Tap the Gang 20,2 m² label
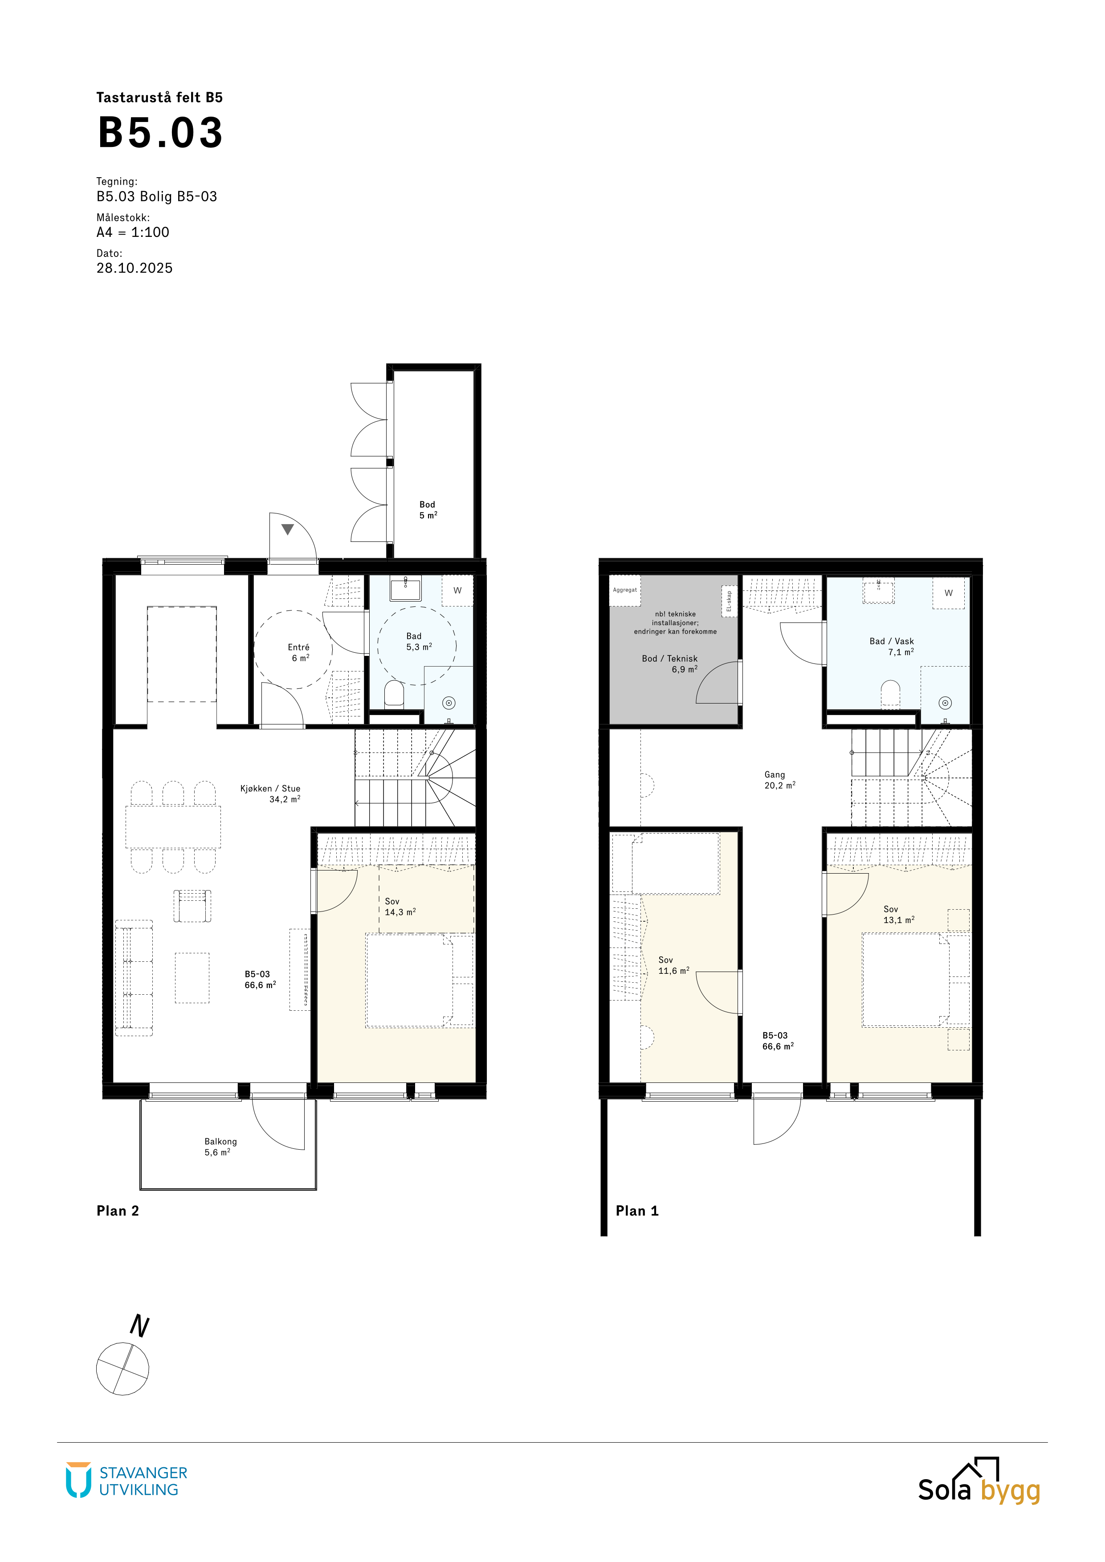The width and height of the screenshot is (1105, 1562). [x=780, y=780]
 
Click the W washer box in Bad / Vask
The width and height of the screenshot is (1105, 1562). [x=949, y=593]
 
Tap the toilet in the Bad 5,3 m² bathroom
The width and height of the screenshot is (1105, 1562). [x=394, y=695]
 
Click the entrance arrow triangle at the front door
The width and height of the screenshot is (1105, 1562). [x=288, y=529]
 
